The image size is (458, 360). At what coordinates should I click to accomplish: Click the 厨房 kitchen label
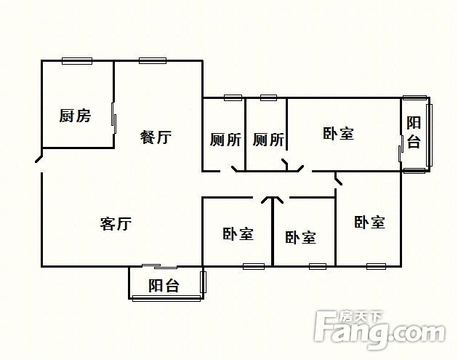click(x=75, y=116)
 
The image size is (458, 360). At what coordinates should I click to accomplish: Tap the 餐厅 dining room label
click(x=156, y=137)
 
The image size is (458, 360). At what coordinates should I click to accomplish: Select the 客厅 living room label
click(x=116, y=224)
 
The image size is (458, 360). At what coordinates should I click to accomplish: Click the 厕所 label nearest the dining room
click(x=225, y=140)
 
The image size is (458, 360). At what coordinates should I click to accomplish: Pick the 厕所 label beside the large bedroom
click(x=268, y=140)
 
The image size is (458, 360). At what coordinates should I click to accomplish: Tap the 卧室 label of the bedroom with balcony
click(x=339, y=133)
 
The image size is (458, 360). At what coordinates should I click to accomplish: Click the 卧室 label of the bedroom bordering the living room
click(x=238, y=233)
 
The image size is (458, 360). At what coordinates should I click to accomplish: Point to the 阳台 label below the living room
click(x=164, y=285)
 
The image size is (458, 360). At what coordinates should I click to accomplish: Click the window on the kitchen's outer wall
click(x=77, y=61)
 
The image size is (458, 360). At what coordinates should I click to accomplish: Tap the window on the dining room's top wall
click(x=153, y=61)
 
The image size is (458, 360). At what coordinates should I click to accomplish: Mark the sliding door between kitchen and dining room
click(x=114, y=118)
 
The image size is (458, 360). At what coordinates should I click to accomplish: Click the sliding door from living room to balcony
click(x=160, y=266)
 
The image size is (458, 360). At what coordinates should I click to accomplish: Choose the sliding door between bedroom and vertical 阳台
click(x=401, y=148)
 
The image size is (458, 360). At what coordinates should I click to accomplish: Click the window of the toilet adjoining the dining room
click(x=233, y=97)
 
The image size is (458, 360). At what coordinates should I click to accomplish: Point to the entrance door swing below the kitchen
click(x=39, y=159)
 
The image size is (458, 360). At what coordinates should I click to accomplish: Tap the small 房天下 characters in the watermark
click(x=361, y=317)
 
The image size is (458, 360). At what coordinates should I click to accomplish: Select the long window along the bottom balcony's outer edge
click(x=166, y=298)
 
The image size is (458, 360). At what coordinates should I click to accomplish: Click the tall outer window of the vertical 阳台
click(x=429, y=135)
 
